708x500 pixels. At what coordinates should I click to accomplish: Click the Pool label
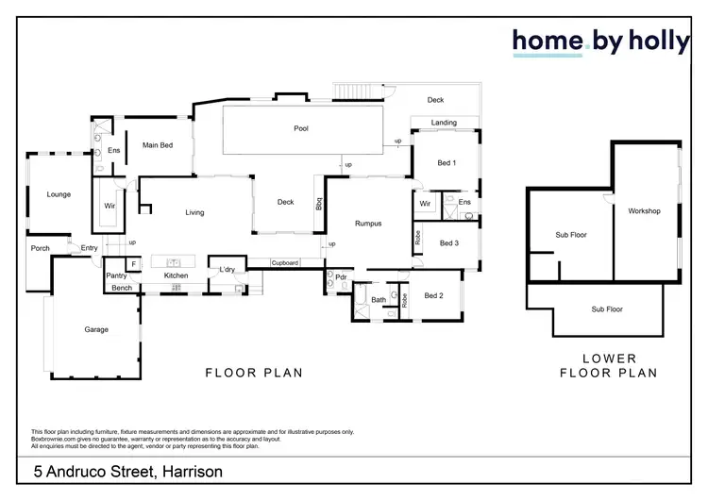click(x=301, y=128)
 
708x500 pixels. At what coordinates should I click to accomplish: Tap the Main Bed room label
click(x=158, y=145)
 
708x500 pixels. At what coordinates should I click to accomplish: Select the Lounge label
click(x=59, y=194)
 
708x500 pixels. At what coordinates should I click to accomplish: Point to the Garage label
click(x=96, y=329)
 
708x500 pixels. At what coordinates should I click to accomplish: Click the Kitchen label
click(x=177, y=275)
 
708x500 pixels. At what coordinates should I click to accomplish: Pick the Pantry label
click(x=116, y=275)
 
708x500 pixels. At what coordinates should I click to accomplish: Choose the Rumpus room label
click(x=368, y=224)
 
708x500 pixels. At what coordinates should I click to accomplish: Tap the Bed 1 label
click(x=447, y=163)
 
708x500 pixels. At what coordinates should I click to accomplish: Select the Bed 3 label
click(x=449, y=242)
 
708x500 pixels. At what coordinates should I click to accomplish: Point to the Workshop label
click(x=644, y=210)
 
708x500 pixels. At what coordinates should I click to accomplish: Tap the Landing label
click(x=445, y=123)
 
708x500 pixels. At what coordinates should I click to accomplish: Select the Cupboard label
click(x=285, y=262)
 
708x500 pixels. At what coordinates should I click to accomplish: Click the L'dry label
click(x=227, y=271)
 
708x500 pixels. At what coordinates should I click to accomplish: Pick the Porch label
click(x=40, y=248)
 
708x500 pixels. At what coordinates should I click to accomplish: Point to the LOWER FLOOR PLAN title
click(x=608, y=366)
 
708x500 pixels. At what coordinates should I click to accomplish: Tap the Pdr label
click(x=342, y=277)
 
